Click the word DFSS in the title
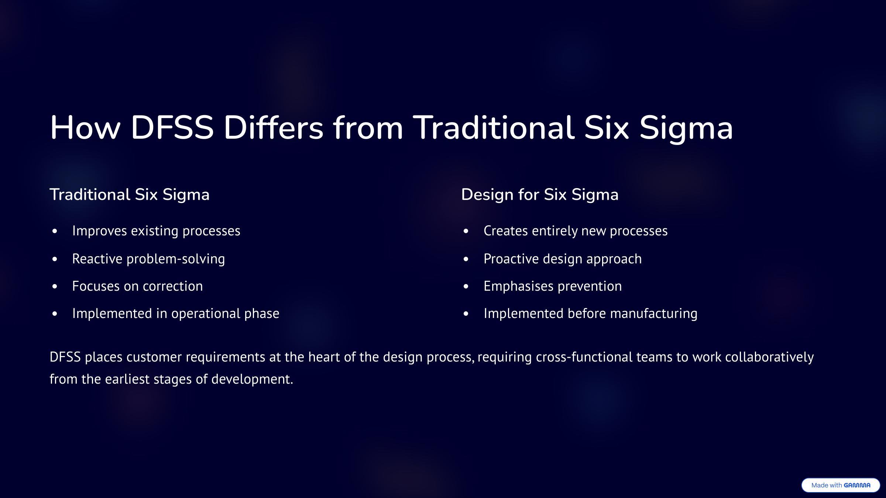(x=172, y=128)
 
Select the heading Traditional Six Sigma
(x=130, y=195)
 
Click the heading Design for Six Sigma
(x=540, y=195)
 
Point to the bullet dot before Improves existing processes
(x=55, y=231)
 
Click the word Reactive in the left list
(x=97, y=259)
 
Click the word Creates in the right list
(x=506, y=231)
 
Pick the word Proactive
(x=512, y=259)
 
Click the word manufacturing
(x=654, y=314)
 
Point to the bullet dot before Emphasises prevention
(x=466, y=286)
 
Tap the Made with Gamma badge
(x=841, y=485)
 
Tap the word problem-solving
(x=176, y=259)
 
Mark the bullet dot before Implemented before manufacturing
(x=466, y=314)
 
